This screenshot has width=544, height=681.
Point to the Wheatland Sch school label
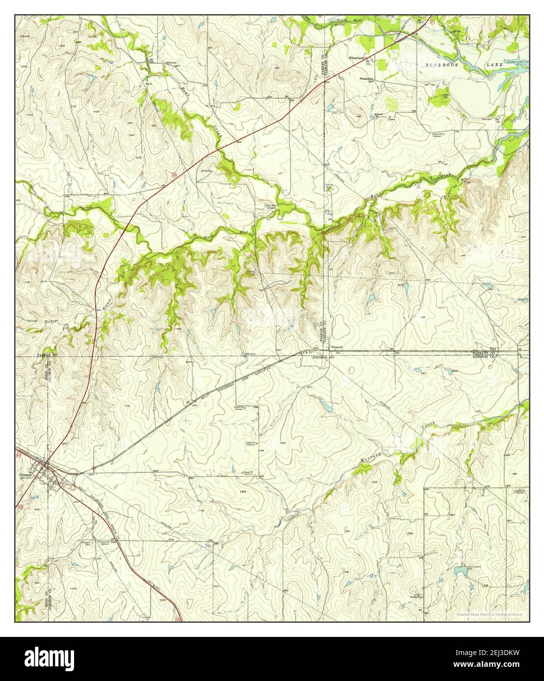[x=367, y=80]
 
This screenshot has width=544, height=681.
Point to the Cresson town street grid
[x=49, y=475]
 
